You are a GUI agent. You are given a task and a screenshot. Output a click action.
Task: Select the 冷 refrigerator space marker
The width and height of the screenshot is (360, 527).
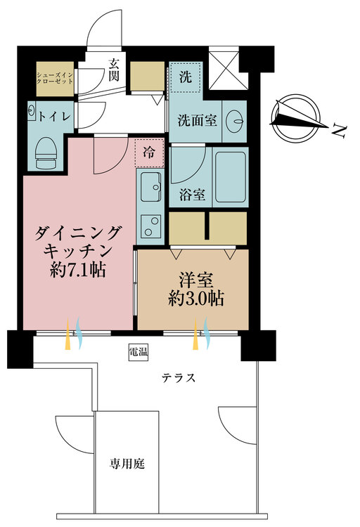tap(149, 150)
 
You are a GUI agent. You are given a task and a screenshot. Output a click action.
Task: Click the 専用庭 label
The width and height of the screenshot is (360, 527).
tap(127, 464)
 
